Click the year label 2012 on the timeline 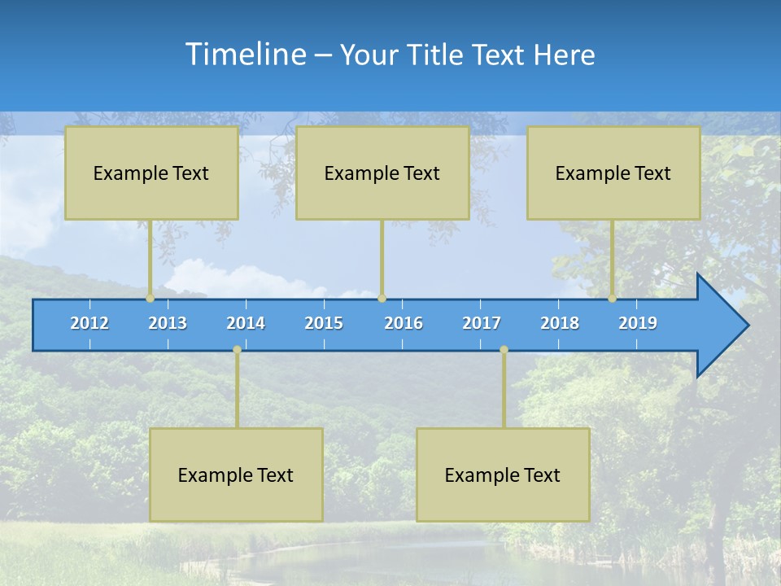[x=89, y=323]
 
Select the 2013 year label [x=168, y=323]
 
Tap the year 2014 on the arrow [x=246, y=323]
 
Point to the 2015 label [x=324, y=323]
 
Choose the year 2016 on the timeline [x=404, y=323]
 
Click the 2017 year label [x=482, y=323]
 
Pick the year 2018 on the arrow [x=560, y=323]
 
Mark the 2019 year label [x=638, y=323]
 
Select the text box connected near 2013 [x=151, y=173]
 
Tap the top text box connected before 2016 [x=382, y=173]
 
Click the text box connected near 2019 [x=613, y=173]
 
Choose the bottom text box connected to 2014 [x=236, y=474]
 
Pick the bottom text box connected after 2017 [x=503, y=474]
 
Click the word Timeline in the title [x=245, y=55]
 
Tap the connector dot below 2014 [x=237, y=349]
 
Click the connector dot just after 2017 [x=504, y=349]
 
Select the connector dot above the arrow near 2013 [x=151, y=298]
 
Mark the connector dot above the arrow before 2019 [x=612, y=298]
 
